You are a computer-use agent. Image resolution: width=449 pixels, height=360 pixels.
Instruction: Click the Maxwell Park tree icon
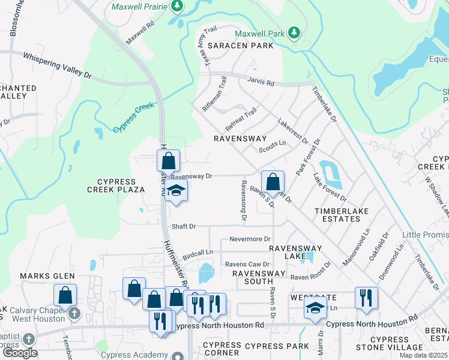click(294, 32)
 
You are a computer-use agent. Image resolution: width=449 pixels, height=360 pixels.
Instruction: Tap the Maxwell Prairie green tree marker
click(176, 6)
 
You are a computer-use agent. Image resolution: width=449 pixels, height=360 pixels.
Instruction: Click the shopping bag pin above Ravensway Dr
click(169, 161)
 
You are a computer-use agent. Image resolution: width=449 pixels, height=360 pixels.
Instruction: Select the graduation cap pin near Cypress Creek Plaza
click(176, 191)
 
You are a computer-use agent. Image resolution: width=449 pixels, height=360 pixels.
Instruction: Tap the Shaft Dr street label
click(184, 226)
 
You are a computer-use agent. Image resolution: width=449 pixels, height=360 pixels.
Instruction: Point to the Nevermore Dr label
click(250, 239)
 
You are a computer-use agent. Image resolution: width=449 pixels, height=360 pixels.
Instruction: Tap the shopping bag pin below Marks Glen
click(65, 295)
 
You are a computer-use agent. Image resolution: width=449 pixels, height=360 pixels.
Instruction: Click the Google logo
click(20, 353)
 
